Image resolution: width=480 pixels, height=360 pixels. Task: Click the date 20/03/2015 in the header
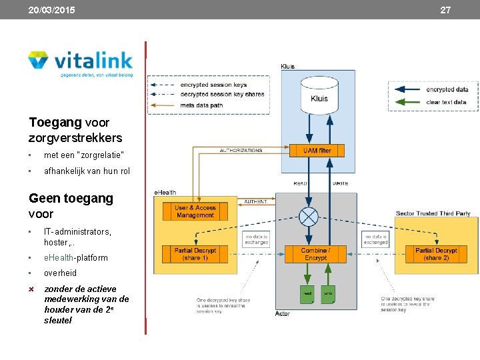51,10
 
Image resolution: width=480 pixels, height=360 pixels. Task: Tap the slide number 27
445,10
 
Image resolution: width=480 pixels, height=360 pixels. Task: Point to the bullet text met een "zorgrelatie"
84,155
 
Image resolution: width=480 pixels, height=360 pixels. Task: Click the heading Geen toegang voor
71,206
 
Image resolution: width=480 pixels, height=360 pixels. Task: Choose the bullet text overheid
60,273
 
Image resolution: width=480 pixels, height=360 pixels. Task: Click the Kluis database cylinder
319,94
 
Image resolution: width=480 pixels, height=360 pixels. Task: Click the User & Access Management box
195,212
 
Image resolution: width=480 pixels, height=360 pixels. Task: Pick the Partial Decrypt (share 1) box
195,254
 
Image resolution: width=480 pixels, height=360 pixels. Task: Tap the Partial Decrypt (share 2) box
436,254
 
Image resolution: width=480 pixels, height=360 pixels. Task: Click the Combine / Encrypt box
315,254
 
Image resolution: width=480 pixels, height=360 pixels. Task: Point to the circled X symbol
308,217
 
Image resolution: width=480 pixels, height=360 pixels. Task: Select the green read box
307,293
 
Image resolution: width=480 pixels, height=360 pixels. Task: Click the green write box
328,293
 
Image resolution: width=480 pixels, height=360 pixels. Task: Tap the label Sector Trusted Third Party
433,213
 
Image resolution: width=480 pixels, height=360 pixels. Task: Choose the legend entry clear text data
446,102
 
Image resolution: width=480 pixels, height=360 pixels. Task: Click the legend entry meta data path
201,105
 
